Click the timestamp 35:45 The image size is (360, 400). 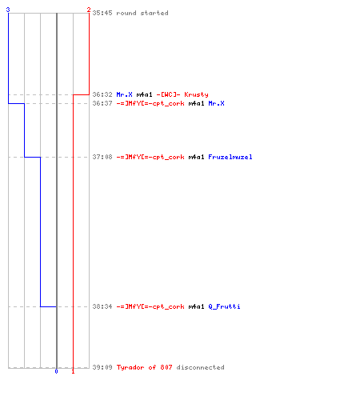tap(102, 13)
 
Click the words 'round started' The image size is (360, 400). tap(142, 13)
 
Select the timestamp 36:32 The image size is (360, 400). tap(102, 94)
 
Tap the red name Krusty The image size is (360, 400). tap(196, 94)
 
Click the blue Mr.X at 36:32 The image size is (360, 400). tap(125, 94)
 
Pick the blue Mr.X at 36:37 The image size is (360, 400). tap(216, 103)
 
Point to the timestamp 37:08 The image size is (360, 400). tap(102, 157)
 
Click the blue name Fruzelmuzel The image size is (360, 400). tap(230, 157)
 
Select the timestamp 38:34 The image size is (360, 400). tap(102, 306)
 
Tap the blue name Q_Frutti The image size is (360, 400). tap(224, 306)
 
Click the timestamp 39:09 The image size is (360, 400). tap(102, 367)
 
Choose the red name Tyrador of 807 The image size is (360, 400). tap(144, 367)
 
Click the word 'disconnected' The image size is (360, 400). tap(200, 367)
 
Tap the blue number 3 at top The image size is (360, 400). tap(8, 10)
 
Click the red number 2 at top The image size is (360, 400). tap(89, 10)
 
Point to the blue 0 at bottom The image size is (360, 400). tap(56, 371)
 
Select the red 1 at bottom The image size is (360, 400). tap(73, 371)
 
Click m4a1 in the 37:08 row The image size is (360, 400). tap(196, 157)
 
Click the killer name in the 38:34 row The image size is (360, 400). tap(150, 306)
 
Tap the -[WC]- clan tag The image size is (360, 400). tap(168, 94)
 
